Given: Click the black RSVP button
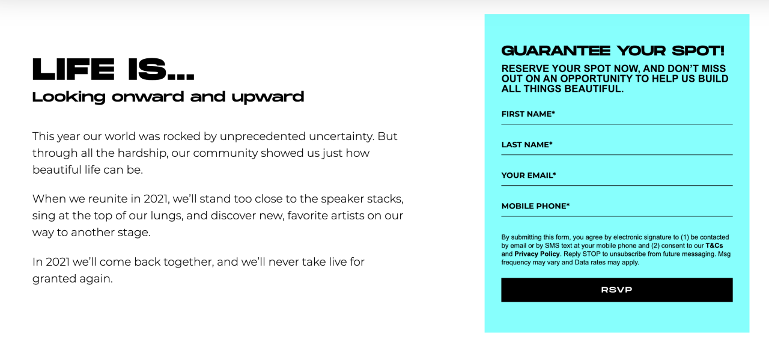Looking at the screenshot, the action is (616, 290).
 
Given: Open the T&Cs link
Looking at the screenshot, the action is (714, 246).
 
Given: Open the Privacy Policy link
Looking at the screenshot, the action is (537, 254).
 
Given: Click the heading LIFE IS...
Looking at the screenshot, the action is (114, 69).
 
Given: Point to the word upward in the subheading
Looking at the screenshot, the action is (268, 97).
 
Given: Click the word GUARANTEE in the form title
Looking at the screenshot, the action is (556, 51).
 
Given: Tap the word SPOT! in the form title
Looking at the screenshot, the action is (698, 51).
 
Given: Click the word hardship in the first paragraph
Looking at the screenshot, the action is (143, 153).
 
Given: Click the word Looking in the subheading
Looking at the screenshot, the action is (68, 97).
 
